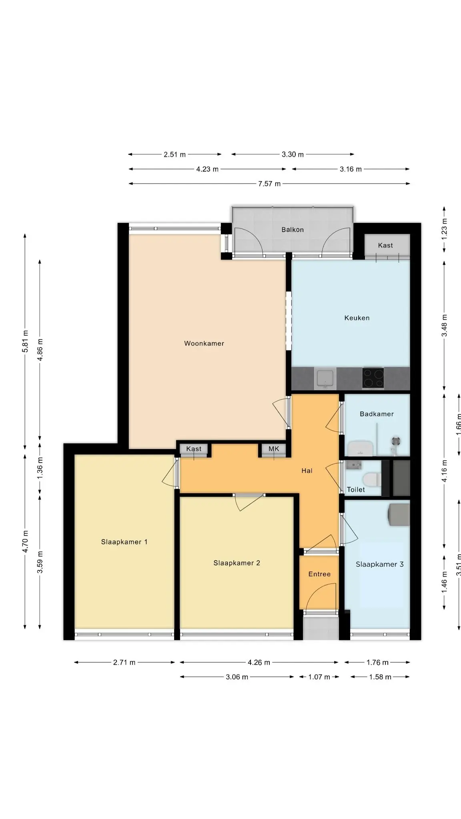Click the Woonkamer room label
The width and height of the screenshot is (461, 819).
pos(204,344)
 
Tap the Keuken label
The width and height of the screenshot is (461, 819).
pos(357,318)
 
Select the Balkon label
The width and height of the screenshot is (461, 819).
pos(293,230)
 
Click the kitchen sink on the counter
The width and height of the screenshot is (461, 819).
pos(325,378)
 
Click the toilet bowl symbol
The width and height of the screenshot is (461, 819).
pos(371,479)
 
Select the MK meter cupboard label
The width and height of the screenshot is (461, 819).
pos(274,449)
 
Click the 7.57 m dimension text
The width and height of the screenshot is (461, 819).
pos(269,184)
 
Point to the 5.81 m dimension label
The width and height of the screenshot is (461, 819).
pos(25,341)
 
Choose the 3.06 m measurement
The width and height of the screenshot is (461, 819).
pos(237,677)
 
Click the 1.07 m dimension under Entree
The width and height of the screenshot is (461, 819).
pos(319,677)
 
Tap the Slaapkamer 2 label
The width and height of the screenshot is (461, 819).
pos(237,563)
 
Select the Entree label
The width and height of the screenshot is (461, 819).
pos(319,574)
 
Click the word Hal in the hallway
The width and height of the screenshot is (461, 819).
pos(307,471)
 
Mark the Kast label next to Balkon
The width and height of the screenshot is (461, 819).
pos(385,246)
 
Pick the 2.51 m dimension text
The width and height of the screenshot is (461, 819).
pos(175,155)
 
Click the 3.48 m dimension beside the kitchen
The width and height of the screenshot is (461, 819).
pos(444,326)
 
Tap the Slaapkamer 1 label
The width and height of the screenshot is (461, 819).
pos(124,542)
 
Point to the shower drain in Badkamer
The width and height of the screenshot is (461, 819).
pos(396,441)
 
